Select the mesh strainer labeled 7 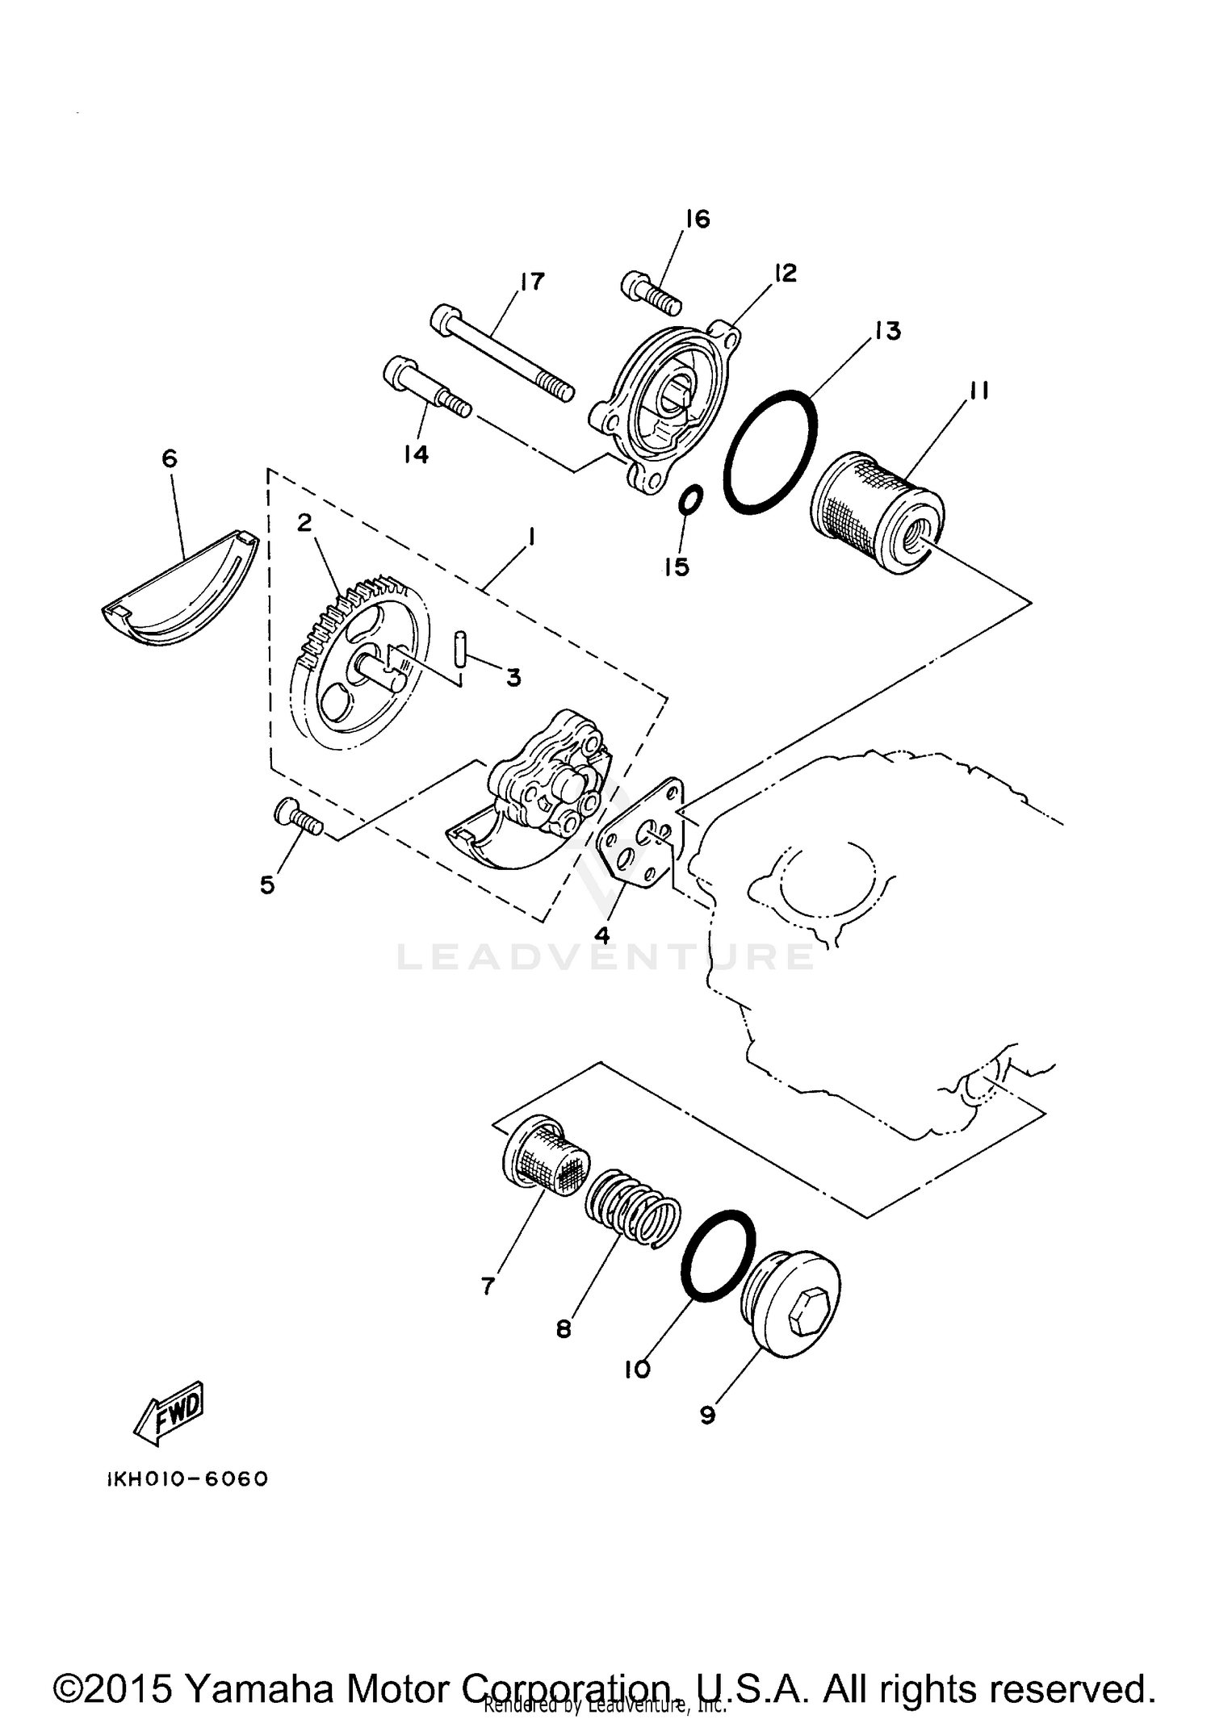click(x=545, y=1159)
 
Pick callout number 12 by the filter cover click(x=785, y=273)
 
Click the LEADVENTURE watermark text click(x=605, y=957)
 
